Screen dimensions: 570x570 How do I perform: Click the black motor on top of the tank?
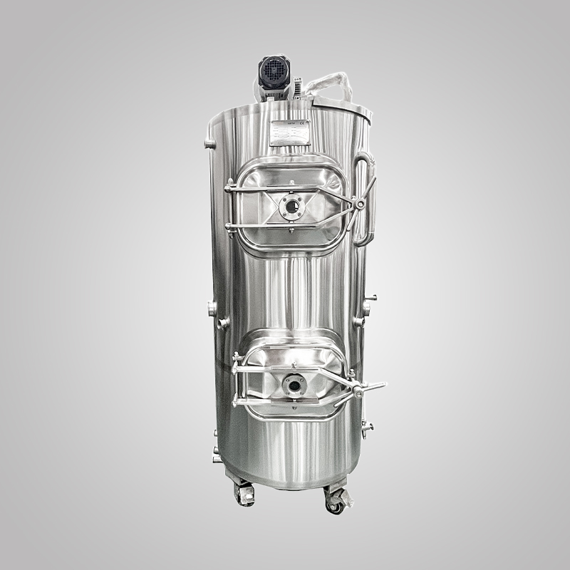pos(274,74)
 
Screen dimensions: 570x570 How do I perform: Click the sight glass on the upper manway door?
pos(292,208)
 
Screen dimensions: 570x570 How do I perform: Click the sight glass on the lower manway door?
pos(294,385)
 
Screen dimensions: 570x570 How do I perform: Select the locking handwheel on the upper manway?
pos(362,205)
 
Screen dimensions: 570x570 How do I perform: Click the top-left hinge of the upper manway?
pos(229,189)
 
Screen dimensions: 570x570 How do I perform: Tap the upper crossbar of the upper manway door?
pos(285,189)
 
